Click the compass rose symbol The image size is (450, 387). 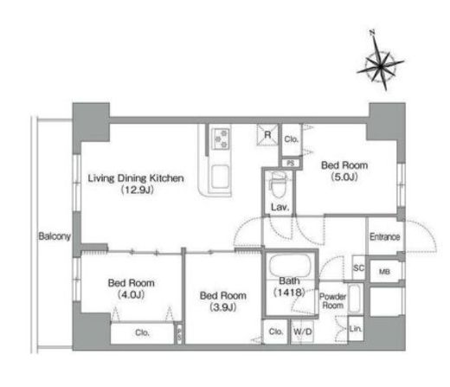coord(380,67)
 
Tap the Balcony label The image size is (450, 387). coord(55,236)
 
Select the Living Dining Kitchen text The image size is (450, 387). coord(136,178)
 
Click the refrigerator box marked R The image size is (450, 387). coord(267,134)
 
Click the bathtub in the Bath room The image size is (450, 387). coord(290,266)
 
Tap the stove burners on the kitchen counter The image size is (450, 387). coord(221,139)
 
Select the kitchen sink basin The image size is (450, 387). coord(221,177)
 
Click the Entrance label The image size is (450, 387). coord(385,236)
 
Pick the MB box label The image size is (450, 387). coord(384,272)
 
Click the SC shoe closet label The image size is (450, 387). coord(358,268)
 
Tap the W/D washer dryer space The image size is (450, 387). coord(303,332)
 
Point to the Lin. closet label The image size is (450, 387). coord(356,329)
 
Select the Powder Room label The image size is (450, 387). coord(332,300)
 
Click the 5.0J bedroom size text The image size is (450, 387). coord(344,177)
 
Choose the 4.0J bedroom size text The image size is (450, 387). coord(131,294)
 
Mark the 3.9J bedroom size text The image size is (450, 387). coord(223,307)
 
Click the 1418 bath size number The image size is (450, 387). coord(289,293)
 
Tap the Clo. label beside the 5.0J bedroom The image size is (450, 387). coord(291,139)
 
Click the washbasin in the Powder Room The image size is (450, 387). coord(354,299)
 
